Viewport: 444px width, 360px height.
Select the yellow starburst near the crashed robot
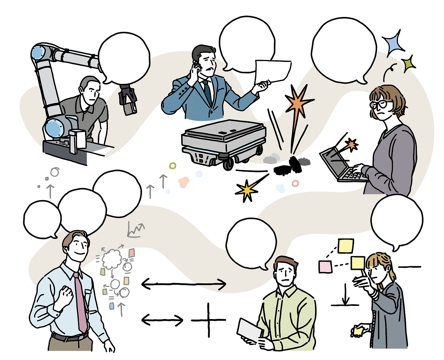click(x=247, y=190)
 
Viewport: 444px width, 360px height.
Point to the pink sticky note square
click(x=325, y=267)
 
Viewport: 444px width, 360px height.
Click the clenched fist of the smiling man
click(x=65, y=296)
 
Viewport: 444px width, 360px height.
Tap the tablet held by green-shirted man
click(x=250, y=330)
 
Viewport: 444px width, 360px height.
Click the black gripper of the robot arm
click(x=127, y=100)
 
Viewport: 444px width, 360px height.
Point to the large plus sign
click(x=208, y=320)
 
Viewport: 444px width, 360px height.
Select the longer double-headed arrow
click(x=184, y=285)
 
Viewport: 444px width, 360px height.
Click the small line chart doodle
click(x=135, y=230)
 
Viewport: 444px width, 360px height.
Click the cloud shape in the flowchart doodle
click(x=112, y=259)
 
